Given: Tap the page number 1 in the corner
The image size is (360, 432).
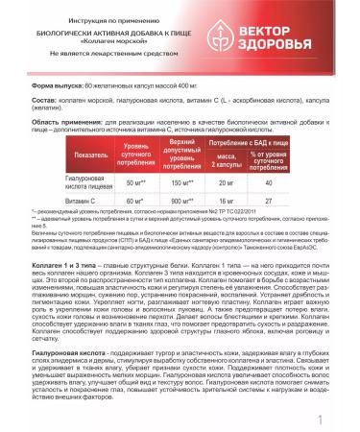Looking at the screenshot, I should pyautogui.click(x=345, y=420).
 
